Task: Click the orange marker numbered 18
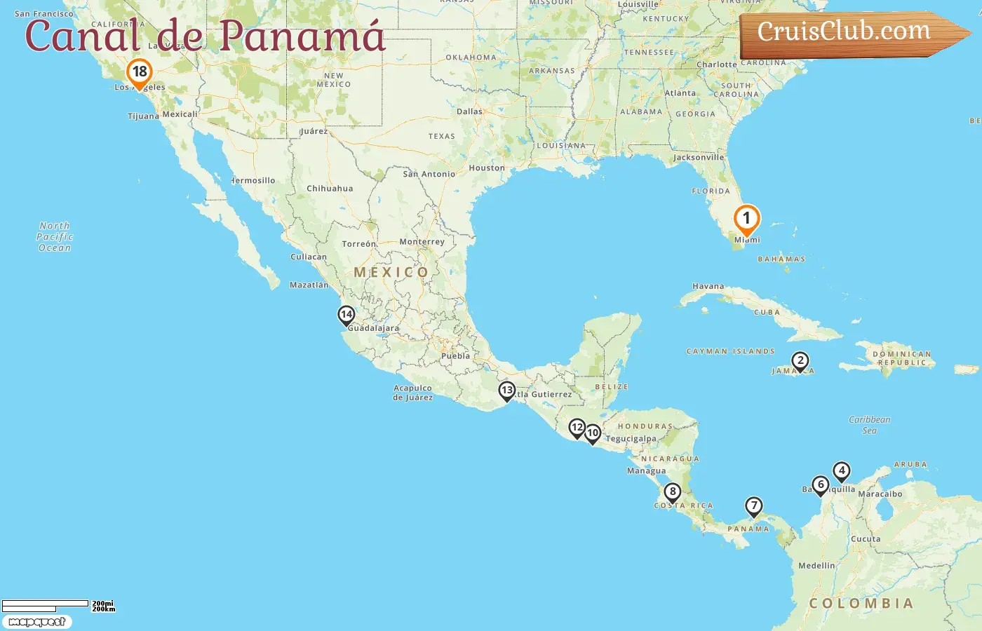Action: point(140,72)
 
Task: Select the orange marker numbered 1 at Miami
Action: point(746,219)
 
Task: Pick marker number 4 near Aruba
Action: point(841,471)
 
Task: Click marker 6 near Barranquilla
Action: point(820,485)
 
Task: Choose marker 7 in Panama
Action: point(753,506)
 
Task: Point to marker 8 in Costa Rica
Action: point(672,492)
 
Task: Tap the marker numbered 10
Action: point(593,433)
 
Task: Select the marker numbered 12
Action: point(577,428)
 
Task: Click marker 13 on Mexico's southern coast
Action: point(506,391)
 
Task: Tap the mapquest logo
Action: point(36,622)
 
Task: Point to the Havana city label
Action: point(708,286)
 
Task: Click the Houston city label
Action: point(487,168)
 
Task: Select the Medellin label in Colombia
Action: point(816,566)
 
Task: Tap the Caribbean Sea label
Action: point(869,425)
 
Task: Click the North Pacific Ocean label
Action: point(55,237)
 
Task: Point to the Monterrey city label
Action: point(422,242)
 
